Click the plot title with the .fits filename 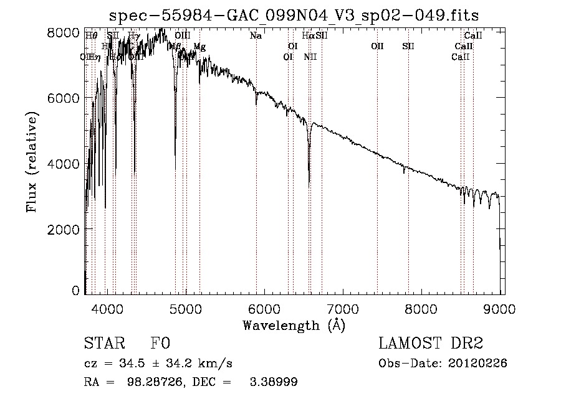click(x=294, y=15)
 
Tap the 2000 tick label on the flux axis click(x=64, y=229)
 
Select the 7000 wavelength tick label click(x=342, y=308)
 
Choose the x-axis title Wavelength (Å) click(x=294, y=325)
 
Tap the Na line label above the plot click(x=256, y=35)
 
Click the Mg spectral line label click(x=199, y=47)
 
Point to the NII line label click(x=310, y=57)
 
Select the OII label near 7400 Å click(x=377, y=47)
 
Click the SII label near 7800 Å click(x=408, y=47)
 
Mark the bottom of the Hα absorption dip click(x=309, y=184)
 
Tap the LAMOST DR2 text click(x=431, y=344)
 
